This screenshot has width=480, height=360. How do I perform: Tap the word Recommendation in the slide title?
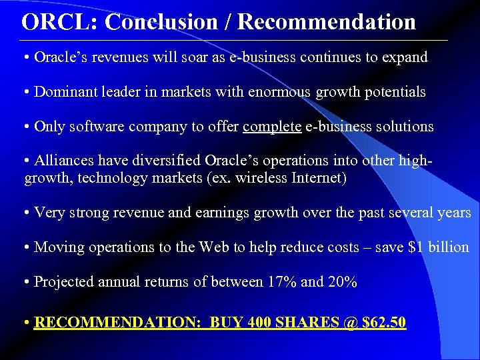[x=327, y=22]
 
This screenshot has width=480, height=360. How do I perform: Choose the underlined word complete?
[x=272, y=126]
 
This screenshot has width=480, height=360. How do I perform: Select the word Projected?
[x=63, y=282]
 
